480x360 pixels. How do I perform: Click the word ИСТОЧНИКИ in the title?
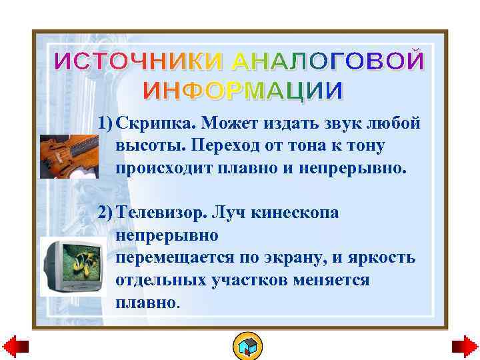(140, 61)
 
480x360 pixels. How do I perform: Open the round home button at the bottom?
(247, 347)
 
